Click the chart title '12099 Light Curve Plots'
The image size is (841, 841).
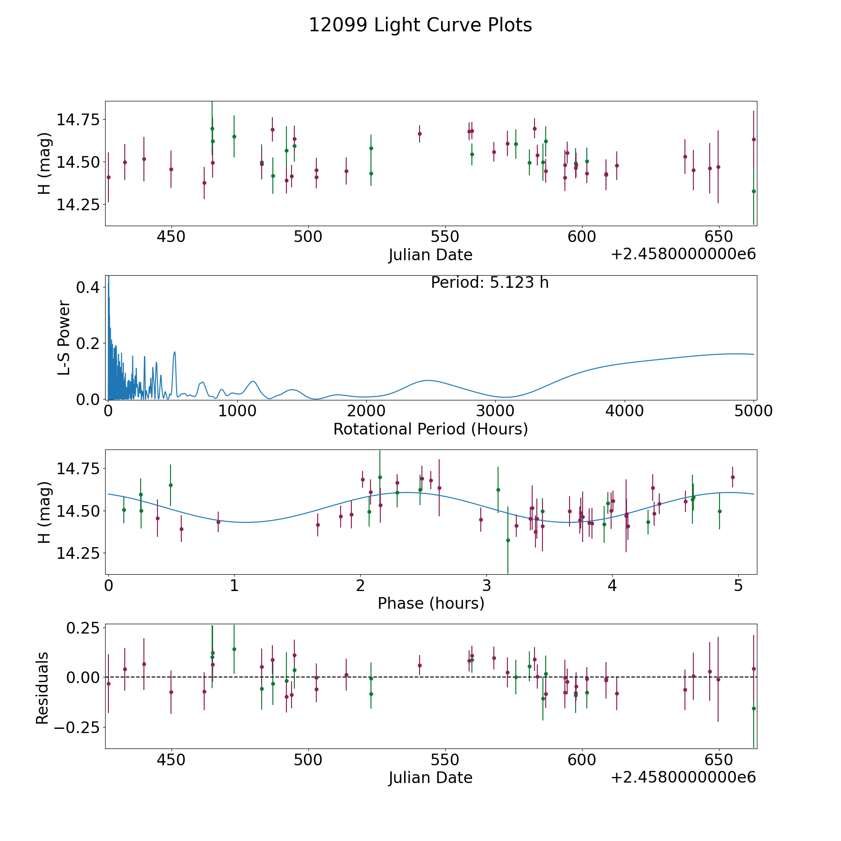420,25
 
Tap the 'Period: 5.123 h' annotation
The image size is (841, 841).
489,283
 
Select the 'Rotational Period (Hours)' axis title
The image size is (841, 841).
430,429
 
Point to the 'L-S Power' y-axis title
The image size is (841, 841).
64,338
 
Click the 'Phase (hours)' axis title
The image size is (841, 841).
430,603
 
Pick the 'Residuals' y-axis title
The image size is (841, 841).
42,688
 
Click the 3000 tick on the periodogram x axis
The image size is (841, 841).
495,411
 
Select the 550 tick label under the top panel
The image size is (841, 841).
445,237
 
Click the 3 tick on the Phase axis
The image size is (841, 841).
486,585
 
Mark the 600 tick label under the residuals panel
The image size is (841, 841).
582,760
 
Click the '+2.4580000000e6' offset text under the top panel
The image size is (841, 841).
683,254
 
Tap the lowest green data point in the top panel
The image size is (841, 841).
753,191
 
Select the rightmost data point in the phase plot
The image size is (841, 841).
732,477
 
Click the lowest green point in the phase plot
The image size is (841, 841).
508,540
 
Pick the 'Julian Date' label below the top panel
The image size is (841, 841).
430,255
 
